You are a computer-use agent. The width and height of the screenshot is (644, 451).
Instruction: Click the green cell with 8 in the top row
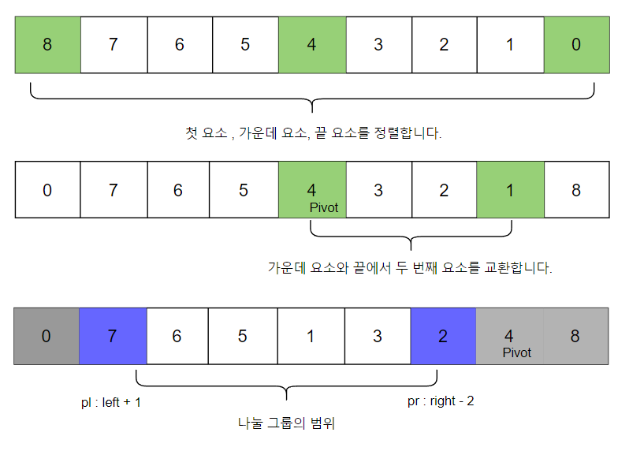click(x=47, y=45)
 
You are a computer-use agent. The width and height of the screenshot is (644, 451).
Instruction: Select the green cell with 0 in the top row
click(x=575, y=45)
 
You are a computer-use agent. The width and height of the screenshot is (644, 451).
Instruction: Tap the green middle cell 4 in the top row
click(x=311, y=45)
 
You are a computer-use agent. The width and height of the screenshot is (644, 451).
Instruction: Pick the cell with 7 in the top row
click(x=114, y=45)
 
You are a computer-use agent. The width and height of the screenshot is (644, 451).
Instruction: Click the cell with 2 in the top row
click(x=444, y=45)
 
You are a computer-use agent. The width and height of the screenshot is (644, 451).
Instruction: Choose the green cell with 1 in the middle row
click(x=509, y=190)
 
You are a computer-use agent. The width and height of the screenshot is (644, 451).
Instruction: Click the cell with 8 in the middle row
click(x=575, y=190)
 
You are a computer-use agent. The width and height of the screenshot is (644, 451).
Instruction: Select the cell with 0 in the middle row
click(x=47, y=190)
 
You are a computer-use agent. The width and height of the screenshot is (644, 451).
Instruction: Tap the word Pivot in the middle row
click(x=324, y=207)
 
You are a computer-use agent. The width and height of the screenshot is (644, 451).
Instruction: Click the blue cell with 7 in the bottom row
click(x=113, y=336)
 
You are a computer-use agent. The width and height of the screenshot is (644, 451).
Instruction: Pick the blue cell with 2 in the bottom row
click(x=443, y=336)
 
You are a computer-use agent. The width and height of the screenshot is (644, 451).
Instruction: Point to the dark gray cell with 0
click(x=47, y=336)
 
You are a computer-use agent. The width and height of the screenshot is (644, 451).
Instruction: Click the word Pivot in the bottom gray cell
click(x=517, y=352)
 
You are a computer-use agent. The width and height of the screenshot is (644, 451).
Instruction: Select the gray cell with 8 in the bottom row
click(x=575, y=336)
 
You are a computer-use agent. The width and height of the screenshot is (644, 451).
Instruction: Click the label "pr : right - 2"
click(x=441, y=401)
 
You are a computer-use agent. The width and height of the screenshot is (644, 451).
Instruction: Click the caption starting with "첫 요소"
click(x=313, y=133)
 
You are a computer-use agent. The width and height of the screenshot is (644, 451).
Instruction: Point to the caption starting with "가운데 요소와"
click(x=410, y=268)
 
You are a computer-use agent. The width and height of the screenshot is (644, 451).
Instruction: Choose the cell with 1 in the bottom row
click(x=311, y=336)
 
